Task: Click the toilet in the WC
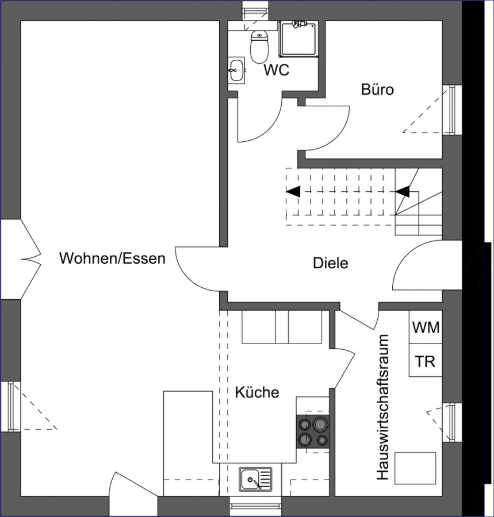(x=259, y=47)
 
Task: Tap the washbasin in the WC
(x=236, y=70)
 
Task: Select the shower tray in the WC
(x=298, y=39)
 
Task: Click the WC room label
(x=277, y=70)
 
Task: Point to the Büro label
(x=377, y=90)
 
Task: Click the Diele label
(x=330, y=263)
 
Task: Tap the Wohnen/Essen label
(x=112, y=258)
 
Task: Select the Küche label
(x=257, y=392)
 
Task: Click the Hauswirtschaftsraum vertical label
(x=383, y=407)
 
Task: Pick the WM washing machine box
(x=426, y=327)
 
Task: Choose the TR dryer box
(x=426, y=360)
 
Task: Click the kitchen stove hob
(x=313, y=431)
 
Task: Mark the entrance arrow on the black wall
(x=478, y=267)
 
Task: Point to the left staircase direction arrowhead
(x=293, y=191)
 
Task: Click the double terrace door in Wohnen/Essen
(x=21, y=260)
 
